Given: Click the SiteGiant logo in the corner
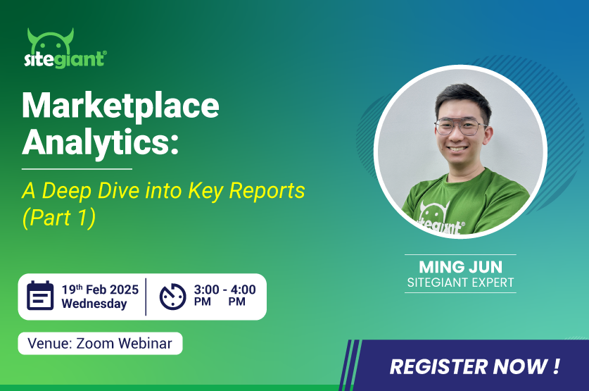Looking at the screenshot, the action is click(x=65, y=48).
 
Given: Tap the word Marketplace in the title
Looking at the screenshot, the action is click(x=120, y=106).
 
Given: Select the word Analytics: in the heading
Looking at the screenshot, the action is click(x=101, y=143).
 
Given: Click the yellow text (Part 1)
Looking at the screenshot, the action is click(x=59, y=218).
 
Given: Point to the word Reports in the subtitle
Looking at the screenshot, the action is click(x=267, y=191).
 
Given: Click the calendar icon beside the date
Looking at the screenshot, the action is click(x=40, y=295).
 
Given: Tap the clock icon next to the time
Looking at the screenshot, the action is click(x=173, y=297).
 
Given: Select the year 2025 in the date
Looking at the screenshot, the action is click(x=125, y=290).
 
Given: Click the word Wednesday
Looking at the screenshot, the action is click(x=94, y=304).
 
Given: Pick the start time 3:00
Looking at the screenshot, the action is click(x=207, y=290).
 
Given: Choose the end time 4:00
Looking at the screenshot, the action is click(x=243, y=290).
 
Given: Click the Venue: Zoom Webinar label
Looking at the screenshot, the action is click(x=101, y=343).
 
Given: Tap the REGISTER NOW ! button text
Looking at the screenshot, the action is click(x=475, y=366).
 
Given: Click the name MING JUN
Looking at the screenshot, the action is click(x=460, y=267).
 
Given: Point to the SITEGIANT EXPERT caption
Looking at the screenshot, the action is click(x=460, y=283).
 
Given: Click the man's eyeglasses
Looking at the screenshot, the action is click(x=460, y=127).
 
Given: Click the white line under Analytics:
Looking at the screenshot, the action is click(x=77, y=169).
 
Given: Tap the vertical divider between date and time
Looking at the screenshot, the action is click(x=146, y=297).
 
